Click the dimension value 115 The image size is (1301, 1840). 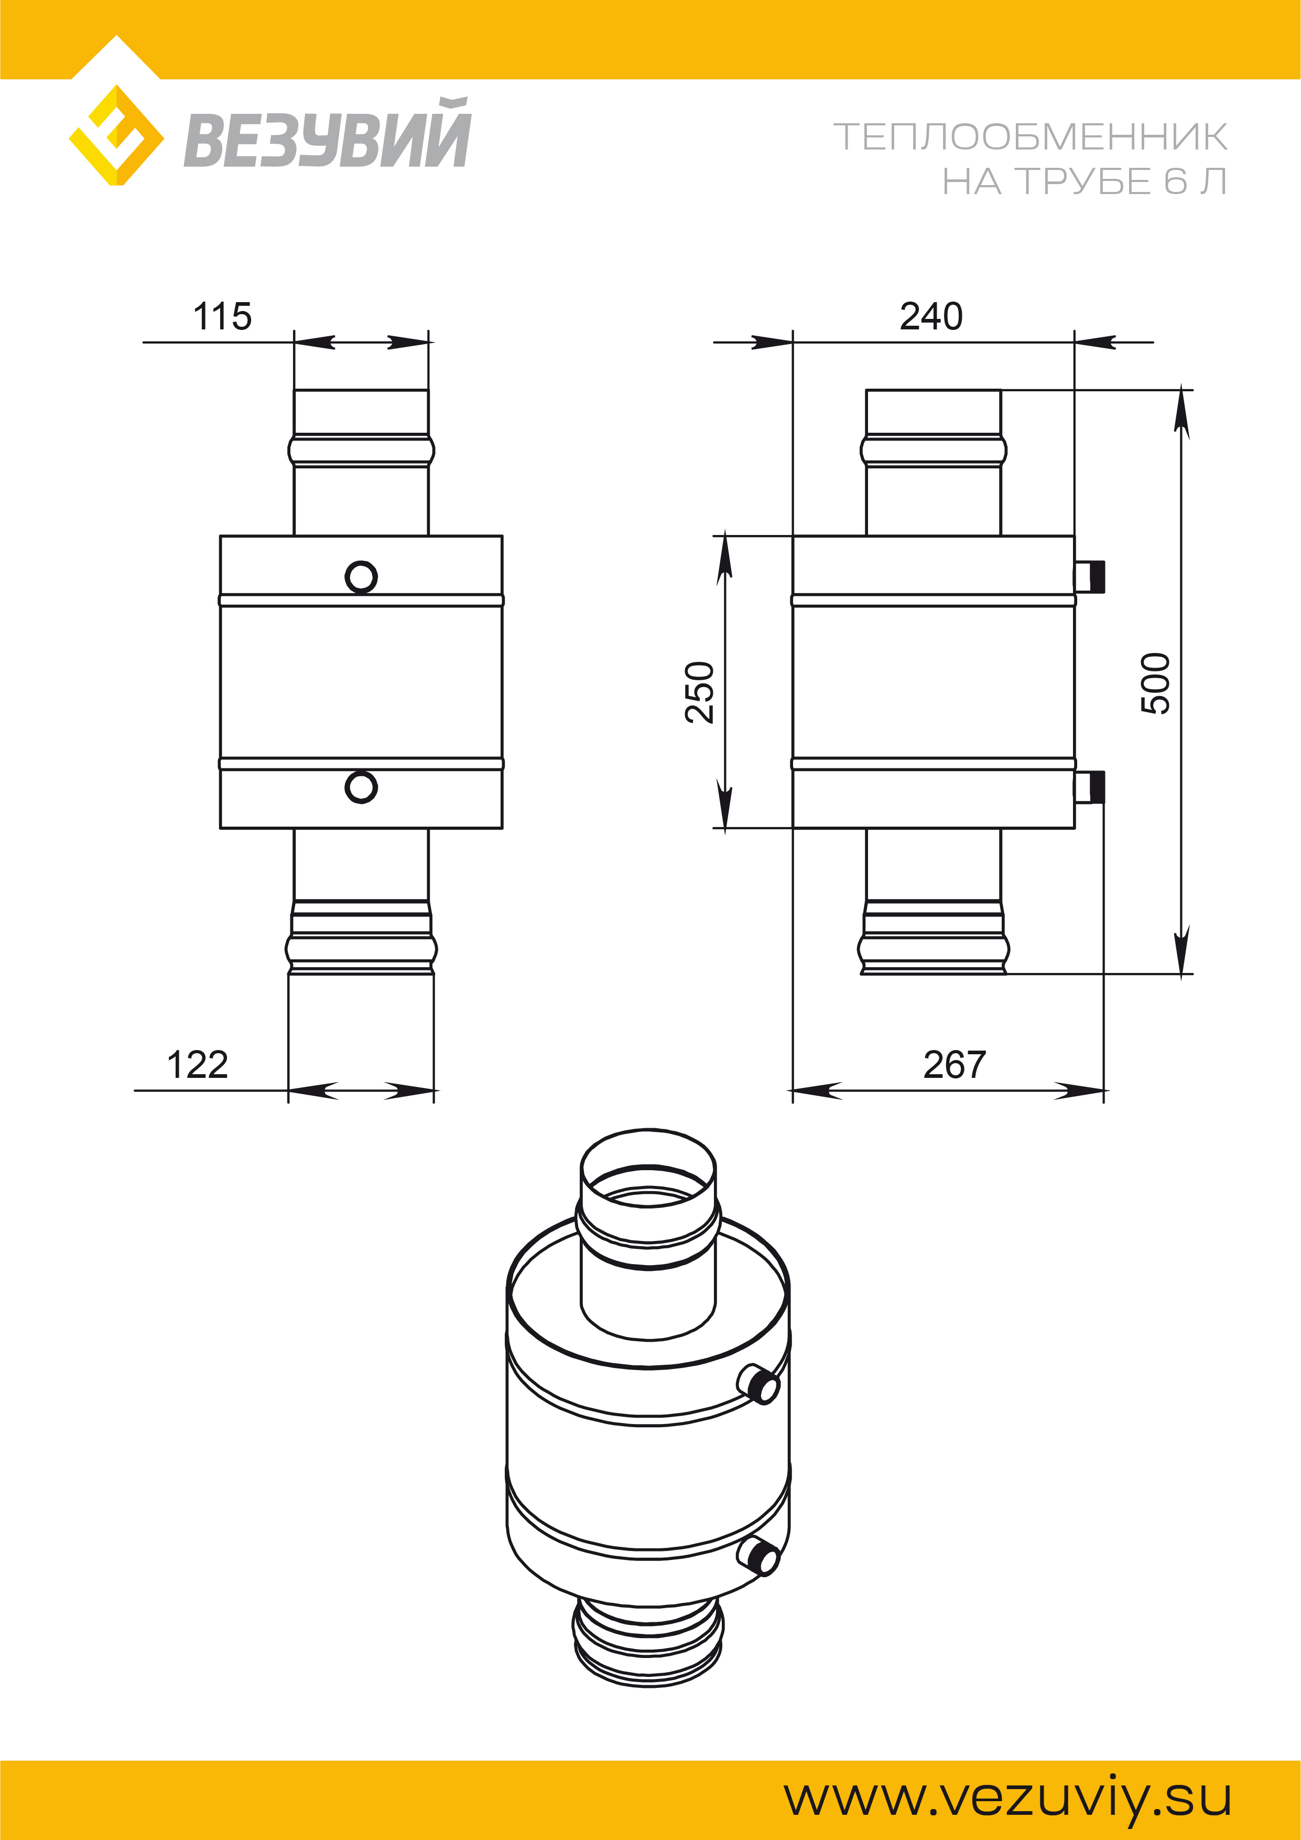click(223, 317)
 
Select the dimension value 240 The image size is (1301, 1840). click(931, 317)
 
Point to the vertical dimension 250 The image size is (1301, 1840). click(699, 692)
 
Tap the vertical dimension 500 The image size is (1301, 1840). click(1155, 683)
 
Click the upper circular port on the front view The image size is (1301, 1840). click(361, 576)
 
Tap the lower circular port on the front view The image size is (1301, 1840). click(361, 787)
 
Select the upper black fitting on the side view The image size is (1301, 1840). click(1090, 576)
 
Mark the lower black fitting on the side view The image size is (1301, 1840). click(1090, 787)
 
